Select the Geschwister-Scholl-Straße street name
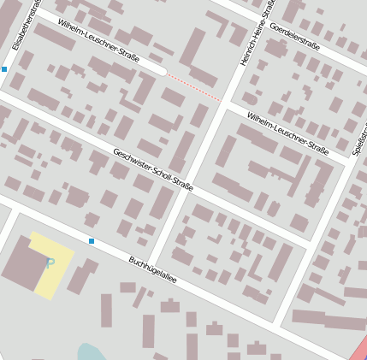click(x=153, y=169)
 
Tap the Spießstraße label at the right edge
click(x=360, y=137)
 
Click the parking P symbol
click(x=50, y=263)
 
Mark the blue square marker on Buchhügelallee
click(x=92, y=241)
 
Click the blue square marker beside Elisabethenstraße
click(x=4, y=68)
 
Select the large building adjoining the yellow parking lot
click(x=21, y=264)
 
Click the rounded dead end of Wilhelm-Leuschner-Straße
click(x=161, y=71)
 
